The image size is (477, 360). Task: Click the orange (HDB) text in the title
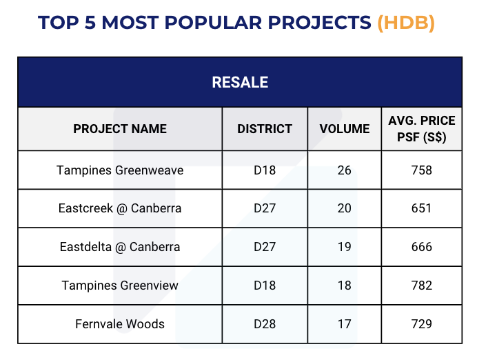406,23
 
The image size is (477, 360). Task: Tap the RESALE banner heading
240,82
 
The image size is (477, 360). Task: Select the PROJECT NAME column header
120,129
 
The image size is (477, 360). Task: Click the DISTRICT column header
265,129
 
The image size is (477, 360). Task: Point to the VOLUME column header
345,129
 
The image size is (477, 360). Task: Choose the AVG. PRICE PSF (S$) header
422,129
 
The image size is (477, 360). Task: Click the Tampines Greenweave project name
120,170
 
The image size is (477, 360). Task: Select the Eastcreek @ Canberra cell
120,208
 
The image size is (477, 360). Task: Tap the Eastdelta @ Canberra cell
120,247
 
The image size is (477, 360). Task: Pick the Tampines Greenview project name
120,286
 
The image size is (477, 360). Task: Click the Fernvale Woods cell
120,323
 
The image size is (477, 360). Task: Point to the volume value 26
345,170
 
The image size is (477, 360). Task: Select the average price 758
422,170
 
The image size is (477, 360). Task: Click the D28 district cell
265,323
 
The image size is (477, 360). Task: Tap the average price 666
422,247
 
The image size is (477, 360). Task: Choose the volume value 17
345,323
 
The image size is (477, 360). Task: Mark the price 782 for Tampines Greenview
422,286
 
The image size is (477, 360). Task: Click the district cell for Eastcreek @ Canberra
265,208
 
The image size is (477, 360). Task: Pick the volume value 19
345,247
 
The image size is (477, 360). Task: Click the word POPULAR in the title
213,23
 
